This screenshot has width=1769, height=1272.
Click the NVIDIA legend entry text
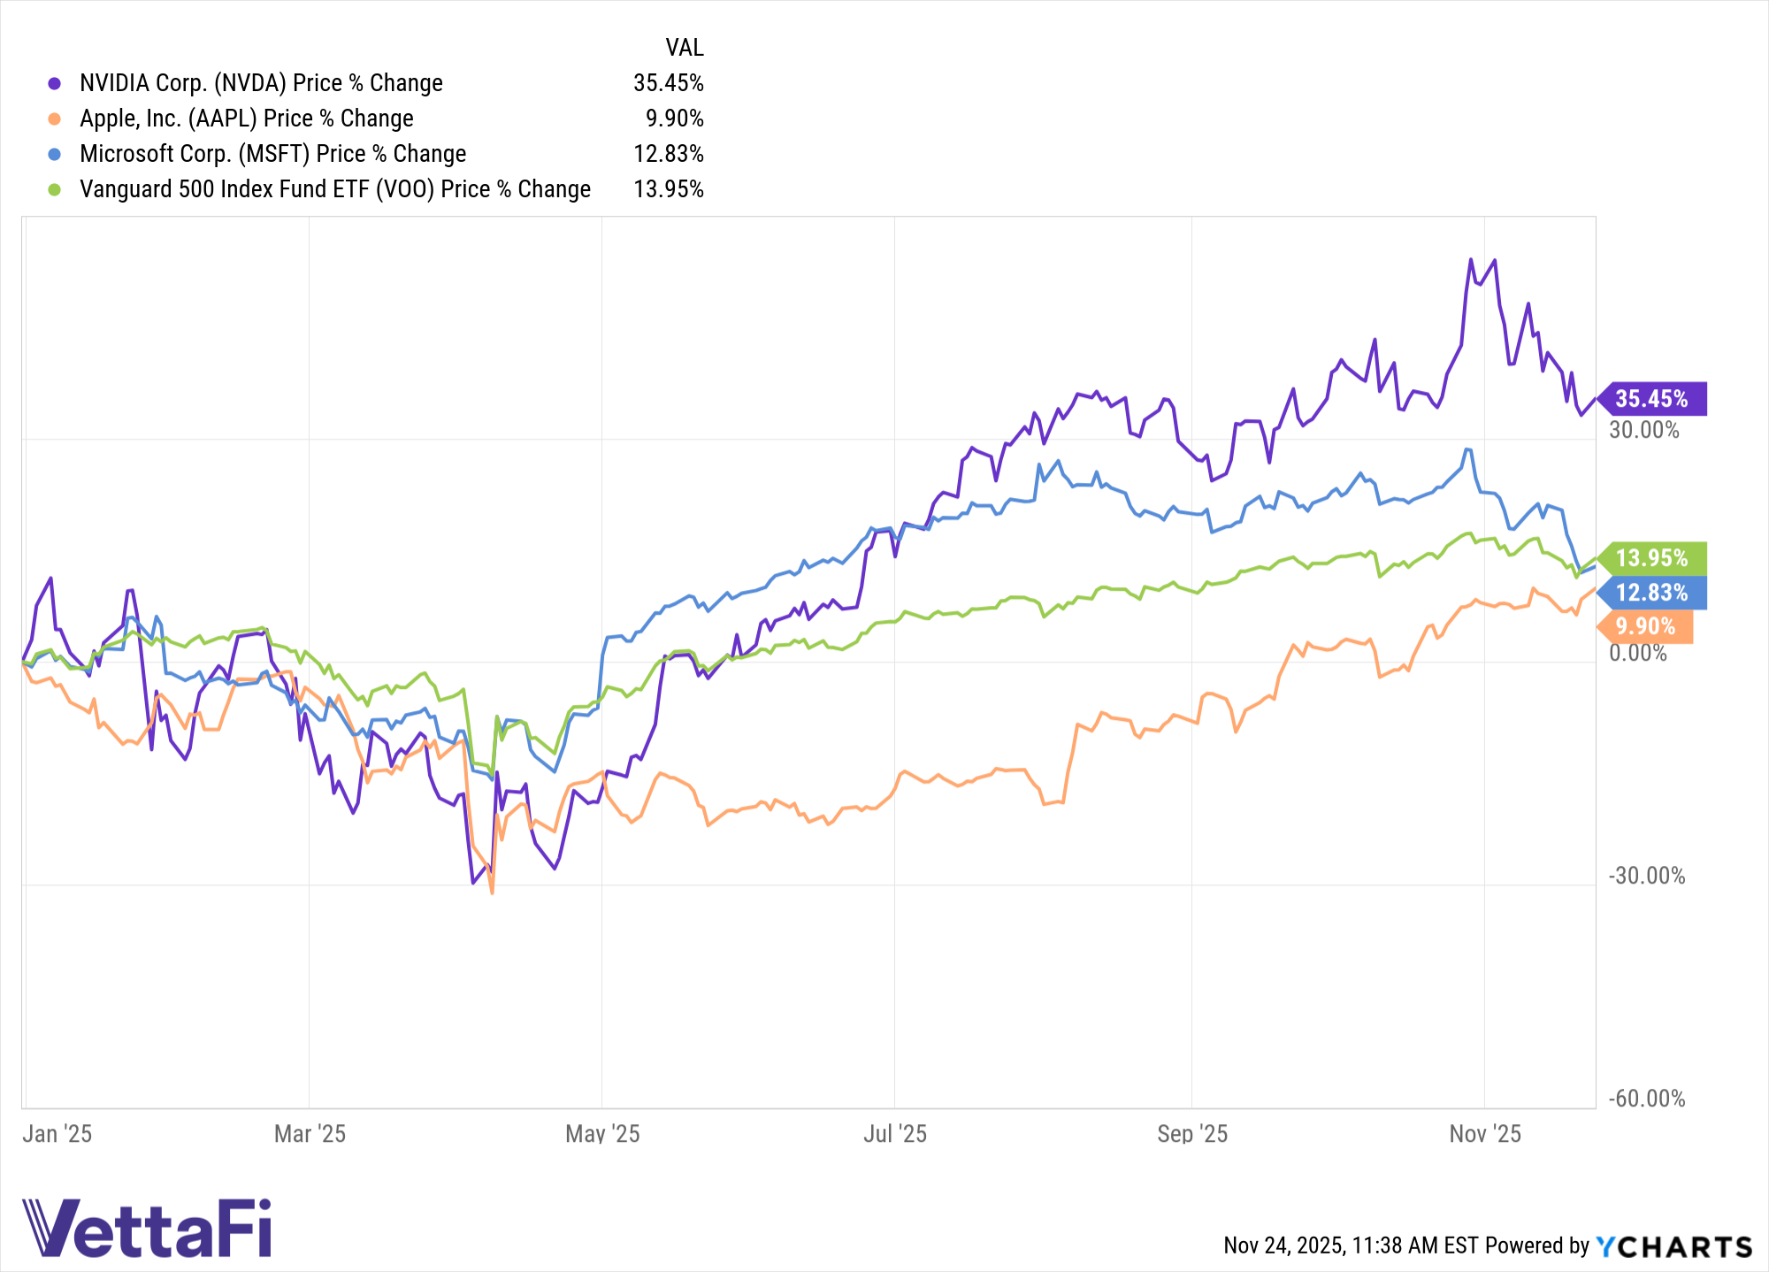tap(261, 83)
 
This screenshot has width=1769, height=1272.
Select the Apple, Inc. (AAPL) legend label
tap(246, 119)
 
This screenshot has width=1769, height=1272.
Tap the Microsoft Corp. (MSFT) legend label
tap(272, 154)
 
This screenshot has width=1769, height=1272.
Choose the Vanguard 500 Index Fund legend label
tap(334, 189)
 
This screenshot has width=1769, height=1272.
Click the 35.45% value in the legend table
tap(668, 83)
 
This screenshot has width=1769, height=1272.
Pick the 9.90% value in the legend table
tap(674, 119)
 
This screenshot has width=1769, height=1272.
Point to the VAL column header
tap(684, 48)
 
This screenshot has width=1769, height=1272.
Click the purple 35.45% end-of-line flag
tap(1652, 399)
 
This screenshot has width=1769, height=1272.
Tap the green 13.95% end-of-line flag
tap(1652, 558)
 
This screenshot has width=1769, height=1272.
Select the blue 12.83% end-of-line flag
tap(1652, 593)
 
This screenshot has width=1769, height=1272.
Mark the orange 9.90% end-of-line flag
tap(1646, 626)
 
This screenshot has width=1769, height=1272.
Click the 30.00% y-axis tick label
tap(1643, 431)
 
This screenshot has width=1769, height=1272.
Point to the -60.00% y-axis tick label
tap(1646, 1100)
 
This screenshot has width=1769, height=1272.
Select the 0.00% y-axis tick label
tap(1637, 654)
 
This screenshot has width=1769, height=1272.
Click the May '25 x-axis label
tap(602, 1134)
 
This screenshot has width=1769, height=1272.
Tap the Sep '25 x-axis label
tap(1192, 1134)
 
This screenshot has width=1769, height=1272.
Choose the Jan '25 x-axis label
tap(57, 1134)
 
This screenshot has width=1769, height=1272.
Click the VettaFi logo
tap(147, 1228)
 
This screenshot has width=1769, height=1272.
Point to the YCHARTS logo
tap(1673, 1247)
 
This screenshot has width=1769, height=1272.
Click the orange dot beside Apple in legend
tap(55, 119)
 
